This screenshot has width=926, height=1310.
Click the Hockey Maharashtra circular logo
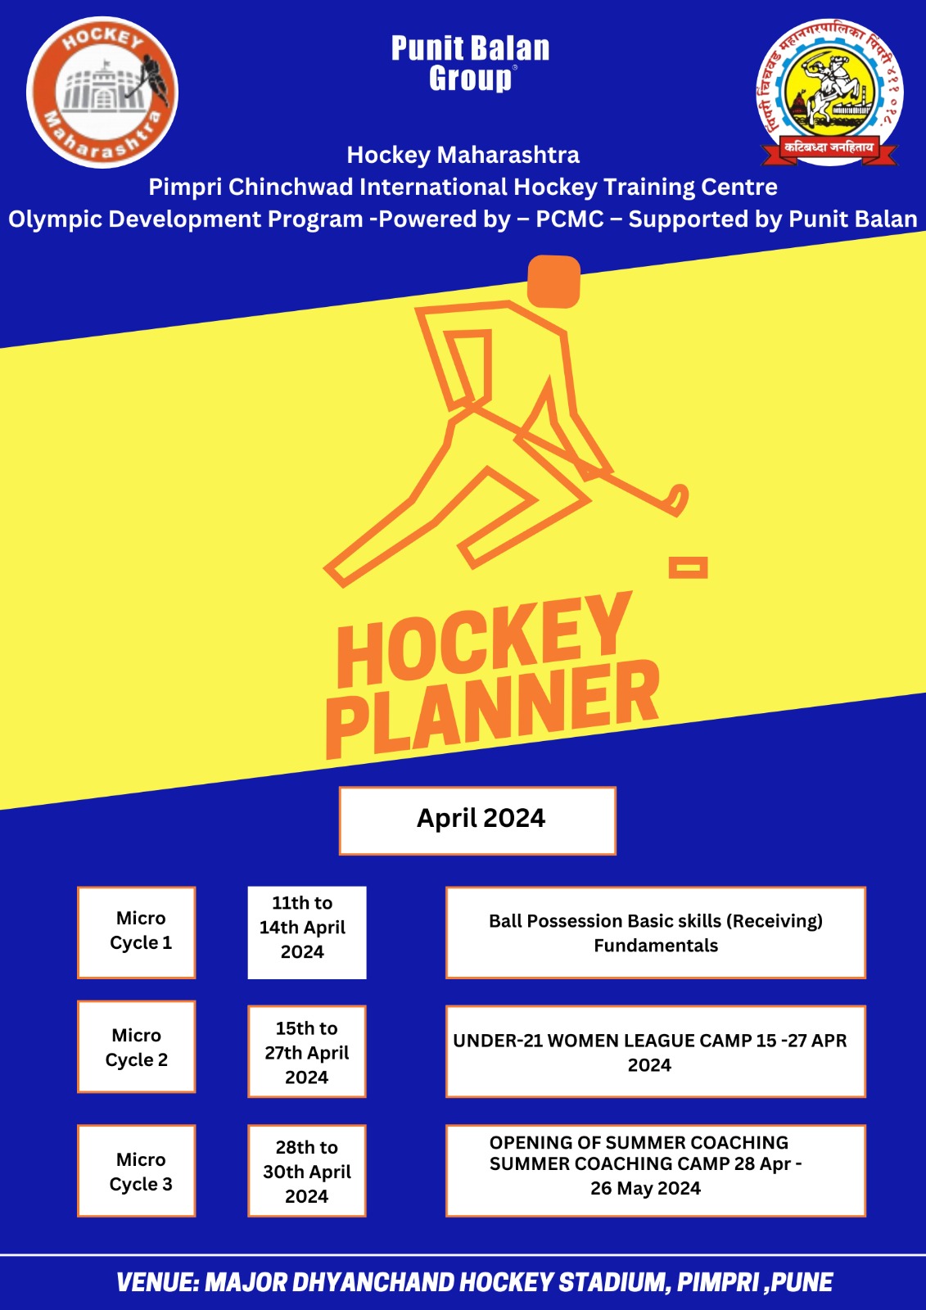coord(102,93)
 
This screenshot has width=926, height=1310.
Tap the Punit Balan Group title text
coord(470,64)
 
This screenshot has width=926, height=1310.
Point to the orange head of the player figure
coord(553,282)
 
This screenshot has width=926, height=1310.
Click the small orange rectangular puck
coord(688,567)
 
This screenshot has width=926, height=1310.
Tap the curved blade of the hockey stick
coord(679,500)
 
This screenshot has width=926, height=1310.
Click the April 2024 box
coord(477,820)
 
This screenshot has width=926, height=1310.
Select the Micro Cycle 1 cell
coord(136,933)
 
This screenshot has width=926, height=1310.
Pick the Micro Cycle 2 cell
coord(136,1046)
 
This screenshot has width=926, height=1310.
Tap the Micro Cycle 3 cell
coord(136,1170)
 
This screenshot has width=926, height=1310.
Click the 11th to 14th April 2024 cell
coord(307,933)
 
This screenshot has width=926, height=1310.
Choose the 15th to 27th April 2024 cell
coord(307,1051)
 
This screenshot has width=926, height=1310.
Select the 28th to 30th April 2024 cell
coord(307,1170)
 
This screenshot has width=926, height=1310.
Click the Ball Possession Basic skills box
coord(656,933)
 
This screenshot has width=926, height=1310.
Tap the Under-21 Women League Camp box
coord(656,1051)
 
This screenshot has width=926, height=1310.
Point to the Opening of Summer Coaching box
coord(656,1170)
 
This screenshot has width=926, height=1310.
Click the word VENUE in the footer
coord(157,1282)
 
